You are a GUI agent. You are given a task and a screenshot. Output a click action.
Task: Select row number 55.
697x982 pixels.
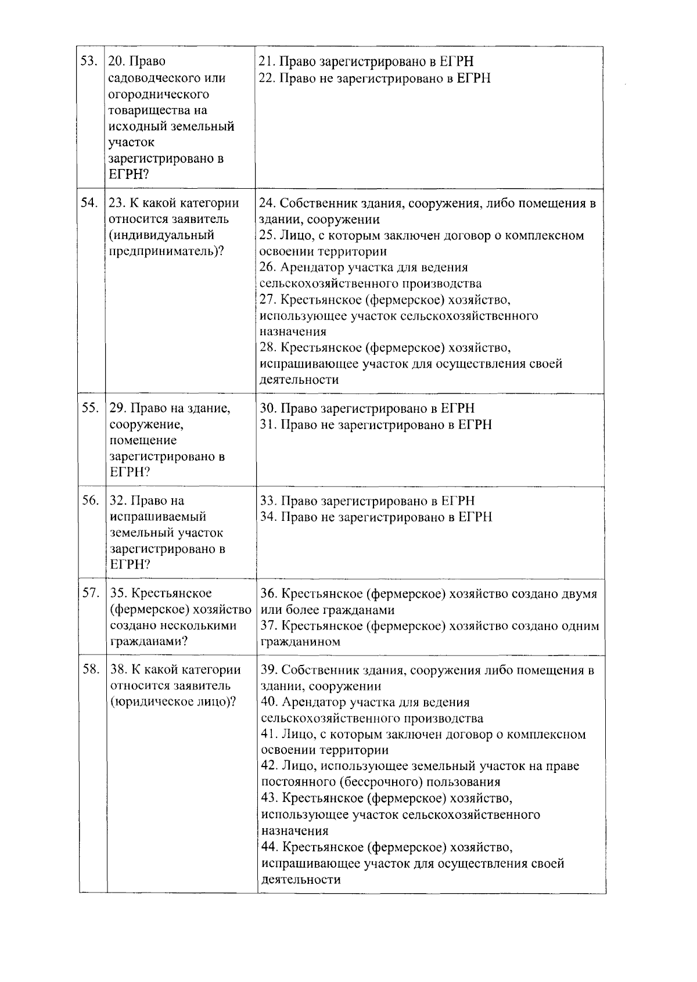[89, 408]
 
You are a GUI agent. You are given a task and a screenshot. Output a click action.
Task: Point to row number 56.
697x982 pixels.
[90, 501]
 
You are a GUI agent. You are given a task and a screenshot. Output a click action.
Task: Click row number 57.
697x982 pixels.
[90, 593]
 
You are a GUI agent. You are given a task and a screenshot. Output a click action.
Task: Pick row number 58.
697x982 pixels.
[91, 670]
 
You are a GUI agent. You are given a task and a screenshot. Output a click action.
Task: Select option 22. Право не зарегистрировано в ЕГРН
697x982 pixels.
[375, 78]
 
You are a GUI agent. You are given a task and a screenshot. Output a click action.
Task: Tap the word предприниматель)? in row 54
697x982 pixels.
[167, 251]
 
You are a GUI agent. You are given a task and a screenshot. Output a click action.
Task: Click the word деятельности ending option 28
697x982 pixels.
[299, 380]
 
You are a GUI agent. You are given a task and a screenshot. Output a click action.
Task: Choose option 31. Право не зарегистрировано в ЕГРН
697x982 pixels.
[376, 425]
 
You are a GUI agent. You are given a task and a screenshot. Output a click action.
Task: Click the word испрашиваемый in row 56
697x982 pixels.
[158, 517]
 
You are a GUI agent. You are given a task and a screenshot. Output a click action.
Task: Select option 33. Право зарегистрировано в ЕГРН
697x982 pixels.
[367, 501]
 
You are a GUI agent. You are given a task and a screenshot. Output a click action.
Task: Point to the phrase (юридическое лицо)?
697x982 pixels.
[173, 702]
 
